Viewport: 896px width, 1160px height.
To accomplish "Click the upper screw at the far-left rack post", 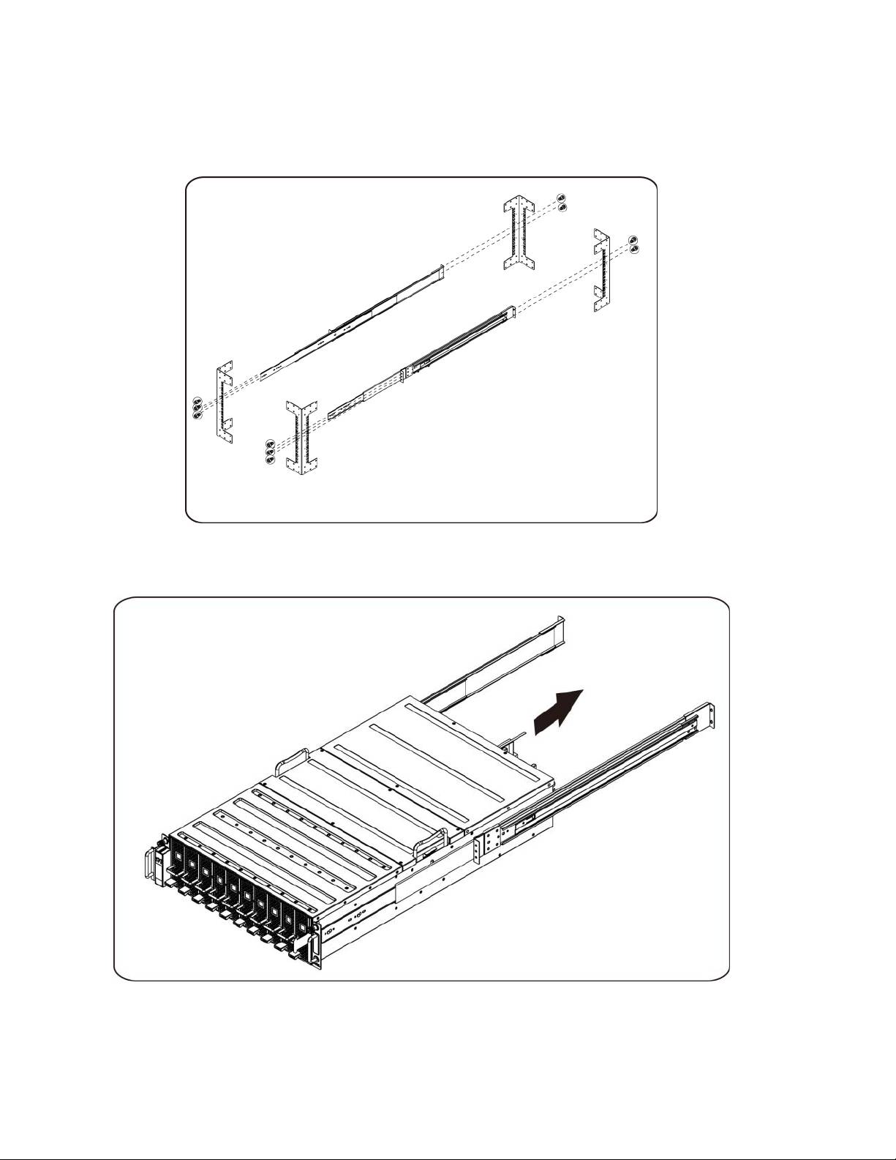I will click(x=196, y=402).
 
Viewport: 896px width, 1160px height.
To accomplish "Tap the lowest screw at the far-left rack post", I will click(x=196, y=415).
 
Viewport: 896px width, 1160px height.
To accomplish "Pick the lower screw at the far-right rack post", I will click(x=633, y=250).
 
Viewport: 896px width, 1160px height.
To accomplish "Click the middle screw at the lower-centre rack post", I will click(x=270, y=452).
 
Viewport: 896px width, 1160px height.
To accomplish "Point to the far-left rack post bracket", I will click(x=223, y=401).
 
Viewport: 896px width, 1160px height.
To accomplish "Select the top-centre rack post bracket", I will click(x=522, y=233).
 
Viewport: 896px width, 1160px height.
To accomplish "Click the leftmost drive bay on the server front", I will click(x=178, y=859).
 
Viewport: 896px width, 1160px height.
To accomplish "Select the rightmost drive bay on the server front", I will click(x=299, y=930).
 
